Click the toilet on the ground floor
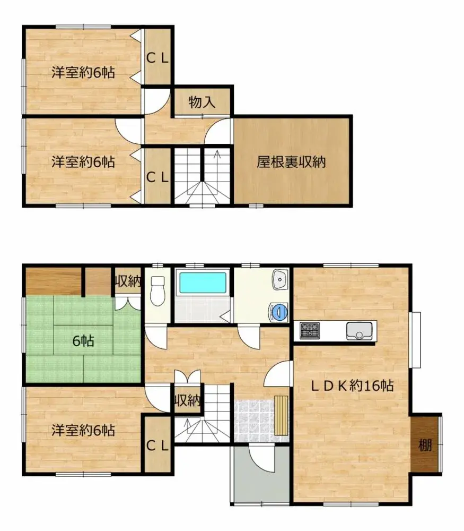pos(157,290)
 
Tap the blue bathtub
pos(202,282)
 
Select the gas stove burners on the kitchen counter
pos(310,330)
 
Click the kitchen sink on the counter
pos(359,330)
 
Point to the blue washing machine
pos(279,312)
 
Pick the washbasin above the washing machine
pos(281,279)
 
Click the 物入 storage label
pos(202,102)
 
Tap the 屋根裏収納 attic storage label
pos(291,162)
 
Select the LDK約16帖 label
pos(352,386)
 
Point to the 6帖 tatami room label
pos(83,341)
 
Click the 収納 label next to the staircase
pos(188,400)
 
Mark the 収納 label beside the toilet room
pos(127,281)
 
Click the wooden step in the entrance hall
pos(281,415)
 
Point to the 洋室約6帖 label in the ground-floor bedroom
pos(83,431)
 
